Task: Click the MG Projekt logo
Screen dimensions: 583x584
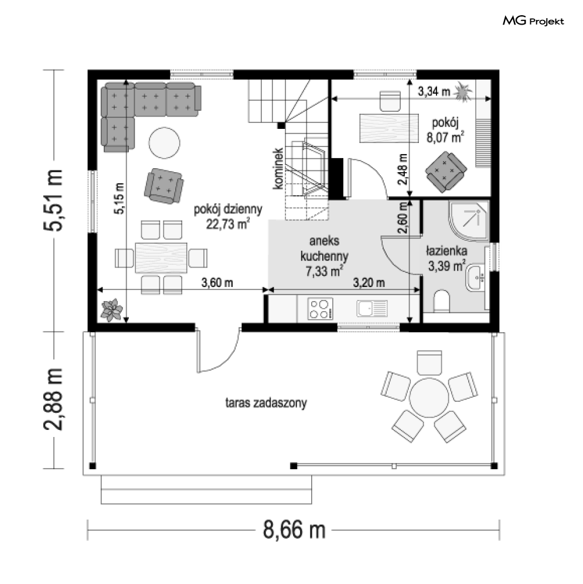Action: [x=533, y=21]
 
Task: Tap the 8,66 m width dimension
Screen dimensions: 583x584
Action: [x=294, y=530]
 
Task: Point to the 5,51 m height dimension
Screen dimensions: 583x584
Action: [x=53, y=200]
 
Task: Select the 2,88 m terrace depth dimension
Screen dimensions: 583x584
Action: [x=53, y=399]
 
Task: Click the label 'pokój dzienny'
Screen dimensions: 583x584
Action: [x=227, y=210]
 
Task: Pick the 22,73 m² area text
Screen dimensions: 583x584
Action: [x=227, y=224]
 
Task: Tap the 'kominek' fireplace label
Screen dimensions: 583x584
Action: [x=278, y=168]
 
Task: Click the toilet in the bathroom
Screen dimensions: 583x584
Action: [x=442, y=301]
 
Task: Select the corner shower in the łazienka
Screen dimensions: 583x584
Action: [x=469, y=220]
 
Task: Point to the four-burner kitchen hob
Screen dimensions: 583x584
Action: [x=321, y=309]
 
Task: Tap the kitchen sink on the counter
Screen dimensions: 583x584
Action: [x=372, y=308]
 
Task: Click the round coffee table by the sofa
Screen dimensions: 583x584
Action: [x=164, y=143]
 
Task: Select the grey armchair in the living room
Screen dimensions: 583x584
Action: [x=164, y=186]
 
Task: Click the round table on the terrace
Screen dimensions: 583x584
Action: [x=429, y=397]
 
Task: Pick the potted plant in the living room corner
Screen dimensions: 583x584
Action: [x=111, y=309]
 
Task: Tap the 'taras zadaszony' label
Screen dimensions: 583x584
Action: [x=266, y=402]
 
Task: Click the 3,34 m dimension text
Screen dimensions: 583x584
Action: [x=434, y=91]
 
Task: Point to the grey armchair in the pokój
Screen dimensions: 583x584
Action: [x=446, y=172]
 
